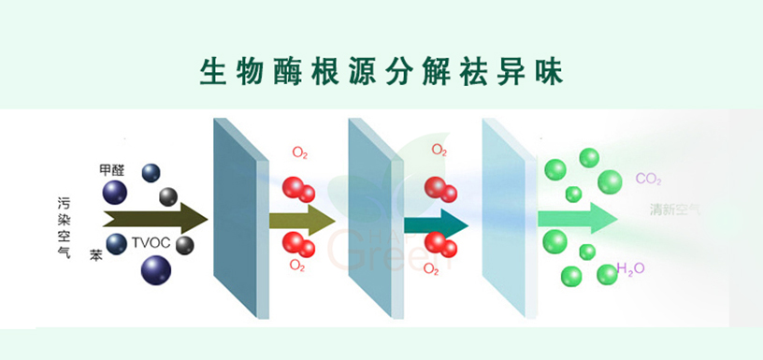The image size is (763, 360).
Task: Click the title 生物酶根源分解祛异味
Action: (x=382, y=71)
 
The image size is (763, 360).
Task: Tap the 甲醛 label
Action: (x=111, y=170)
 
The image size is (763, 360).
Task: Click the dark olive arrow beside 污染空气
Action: (x=154, y=220)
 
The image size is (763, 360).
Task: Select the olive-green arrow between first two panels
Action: (x=301, y=222)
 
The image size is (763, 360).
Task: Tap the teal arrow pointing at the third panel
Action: (x=436, y=223)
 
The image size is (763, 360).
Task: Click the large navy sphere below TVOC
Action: (x=155, y=270)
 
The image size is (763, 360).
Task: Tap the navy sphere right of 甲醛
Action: (x=151, y=172)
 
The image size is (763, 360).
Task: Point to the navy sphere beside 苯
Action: (x=116, y=244)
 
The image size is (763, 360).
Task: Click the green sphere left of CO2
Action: (x=610, y=181)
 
